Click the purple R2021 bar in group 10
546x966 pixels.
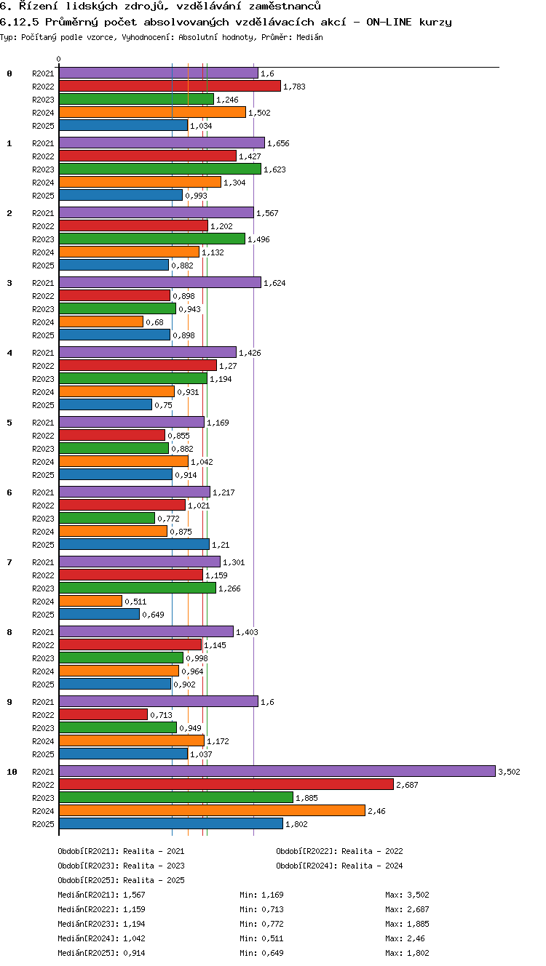(x=277, y=771)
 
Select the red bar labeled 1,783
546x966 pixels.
(x=170, y=86)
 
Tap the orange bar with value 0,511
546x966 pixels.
(x=91, y=601)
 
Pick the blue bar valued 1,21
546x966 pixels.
(x=134, y=544)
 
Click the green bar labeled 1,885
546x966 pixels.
(x=176, y=797)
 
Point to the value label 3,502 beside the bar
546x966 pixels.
(x=510, y=772)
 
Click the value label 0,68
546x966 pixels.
(x=154, y=322)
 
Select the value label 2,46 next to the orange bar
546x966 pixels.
(x=376, y=811)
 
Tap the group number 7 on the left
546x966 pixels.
(x=9, y=562)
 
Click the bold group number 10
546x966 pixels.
(x=12, y=772)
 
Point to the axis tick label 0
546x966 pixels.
(x=59, y=59)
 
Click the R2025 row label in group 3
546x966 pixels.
(x=43, y=335)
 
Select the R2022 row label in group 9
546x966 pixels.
(x=43, y=714)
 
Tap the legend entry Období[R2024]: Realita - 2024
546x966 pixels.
(x=339, y=865)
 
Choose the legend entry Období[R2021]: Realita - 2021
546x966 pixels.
(x=121, y=851)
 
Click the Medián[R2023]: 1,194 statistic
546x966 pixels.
(x=101, y=923)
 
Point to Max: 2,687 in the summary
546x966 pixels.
(x=407, y=909)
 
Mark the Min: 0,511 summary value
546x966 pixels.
(x=261, y=938)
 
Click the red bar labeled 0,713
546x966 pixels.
(x=103, y=714)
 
